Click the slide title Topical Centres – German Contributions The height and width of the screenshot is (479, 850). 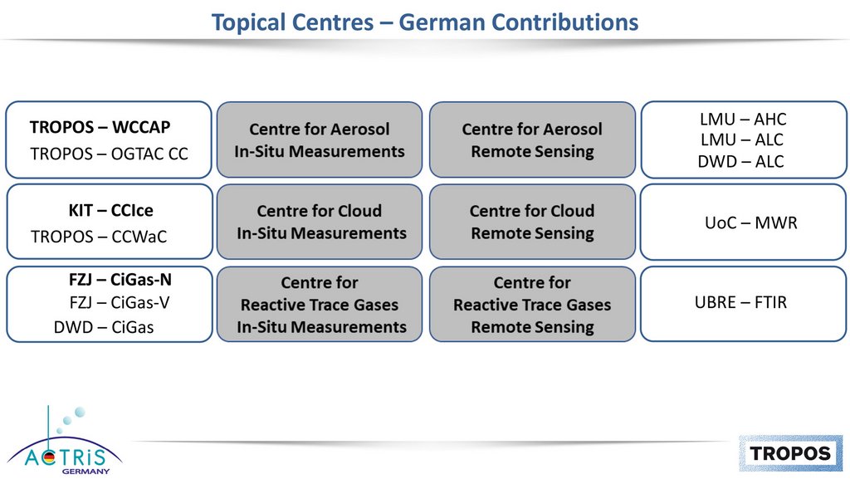tap(424, 22)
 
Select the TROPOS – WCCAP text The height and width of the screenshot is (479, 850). tap(100, 127)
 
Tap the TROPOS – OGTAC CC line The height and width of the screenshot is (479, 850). tap(109, 154)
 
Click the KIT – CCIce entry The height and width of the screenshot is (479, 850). tap(110, 210)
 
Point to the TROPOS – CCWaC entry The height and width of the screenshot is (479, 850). tap(99, 237)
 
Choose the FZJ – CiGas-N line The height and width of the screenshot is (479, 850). tap(120, 280)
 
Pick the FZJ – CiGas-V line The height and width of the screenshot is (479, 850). tap(120, 302)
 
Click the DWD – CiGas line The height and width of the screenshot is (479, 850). tap(104, 327)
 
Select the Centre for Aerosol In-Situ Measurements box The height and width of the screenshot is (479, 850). tap(320, 139)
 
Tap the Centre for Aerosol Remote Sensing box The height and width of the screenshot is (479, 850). tap(532, 139)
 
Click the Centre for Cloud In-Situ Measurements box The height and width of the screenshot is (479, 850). tap(320, 222)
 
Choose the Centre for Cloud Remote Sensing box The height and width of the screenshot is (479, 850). tap(532, 222)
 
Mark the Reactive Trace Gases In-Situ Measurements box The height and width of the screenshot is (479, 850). tap(320, 304)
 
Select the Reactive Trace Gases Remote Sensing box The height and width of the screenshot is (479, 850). tap(532, 304)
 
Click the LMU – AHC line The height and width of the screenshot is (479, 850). tap(743, 120)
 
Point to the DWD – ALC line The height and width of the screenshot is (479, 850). tap(740, 162)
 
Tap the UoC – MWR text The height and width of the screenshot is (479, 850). tap(750, 222)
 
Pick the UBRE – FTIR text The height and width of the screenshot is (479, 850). tap(740, 302)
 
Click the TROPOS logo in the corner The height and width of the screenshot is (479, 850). tap(790, 453)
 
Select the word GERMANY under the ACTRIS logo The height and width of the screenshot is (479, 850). tap(85, 472)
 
